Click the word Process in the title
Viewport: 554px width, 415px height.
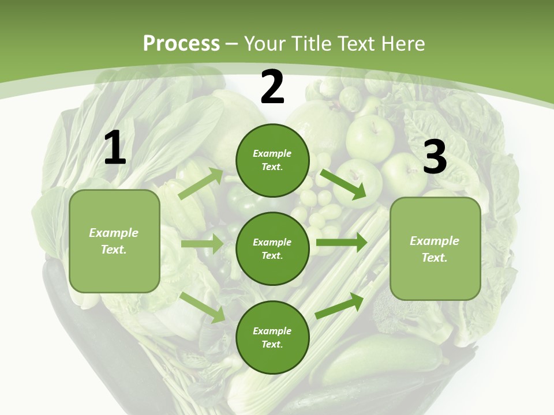(181, 44)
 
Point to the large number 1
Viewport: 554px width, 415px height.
(115, 149)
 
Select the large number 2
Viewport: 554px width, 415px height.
(272, 88)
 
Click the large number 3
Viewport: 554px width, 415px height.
(435, 157)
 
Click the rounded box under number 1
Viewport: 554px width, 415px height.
(114, 241)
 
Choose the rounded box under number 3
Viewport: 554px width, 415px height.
(435, 248)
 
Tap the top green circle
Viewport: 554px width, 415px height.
(272, 160)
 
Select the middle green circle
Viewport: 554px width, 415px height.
(272, 248)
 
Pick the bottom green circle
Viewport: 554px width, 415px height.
(272, 337)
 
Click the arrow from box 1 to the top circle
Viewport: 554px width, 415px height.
(201, 184)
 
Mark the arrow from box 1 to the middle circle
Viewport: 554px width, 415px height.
(202, 244)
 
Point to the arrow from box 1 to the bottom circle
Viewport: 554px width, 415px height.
(203, 307)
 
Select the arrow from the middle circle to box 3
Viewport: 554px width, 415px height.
(341, 243)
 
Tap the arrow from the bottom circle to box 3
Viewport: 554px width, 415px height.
(339, 305)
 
